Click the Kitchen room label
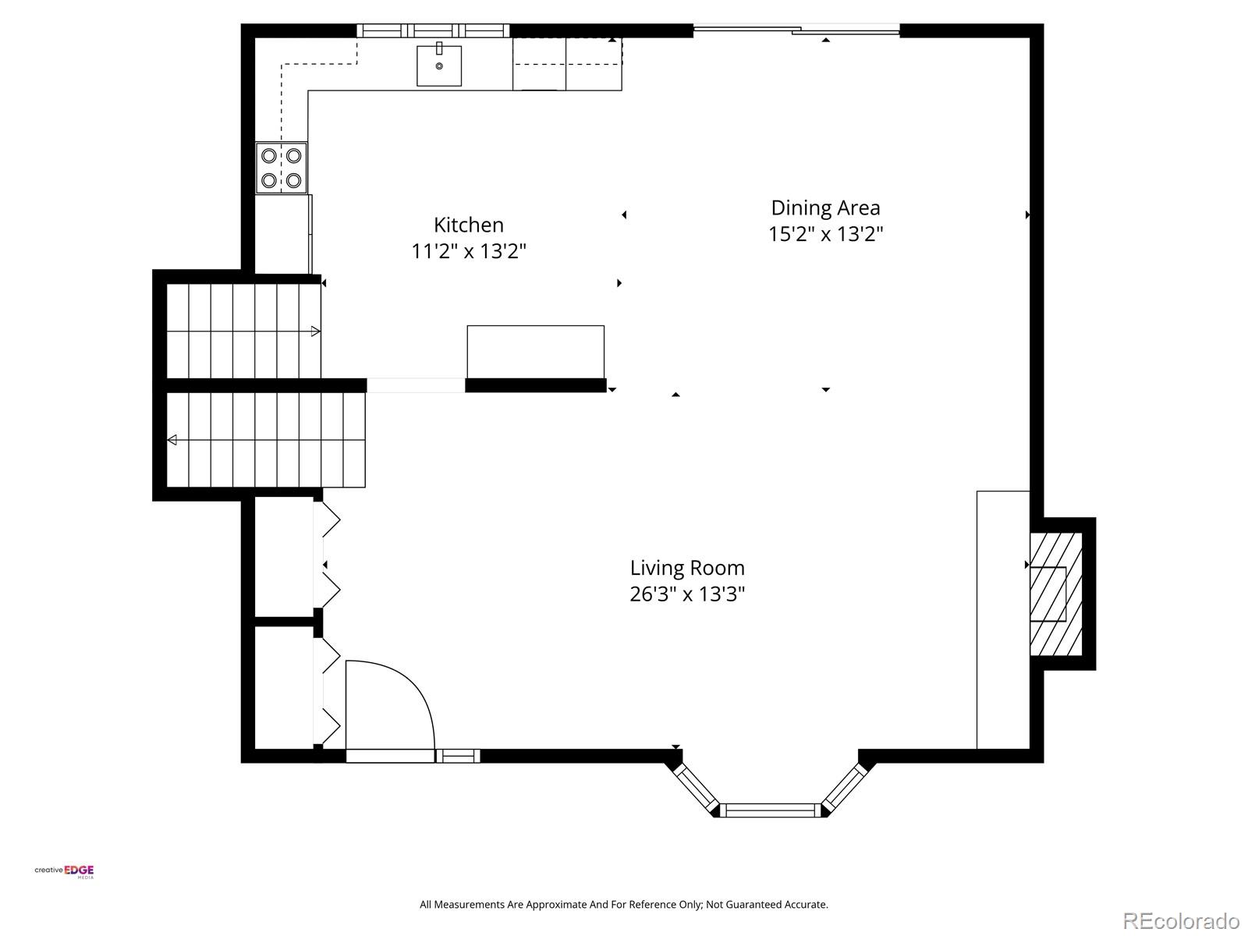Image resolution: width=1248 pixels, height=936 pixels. [x=468, y=225]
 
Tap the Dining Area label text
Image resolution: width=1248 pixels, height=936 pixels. [x=825, y=207]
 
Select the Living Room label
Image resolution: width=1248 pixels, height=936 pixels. [x=687, y=568]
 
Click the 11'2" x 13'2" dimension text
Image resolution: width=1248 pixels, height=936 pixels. [x=469, y=251]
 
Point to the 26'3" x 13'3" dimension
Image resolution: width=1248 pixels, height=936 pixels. [x=687, y=594]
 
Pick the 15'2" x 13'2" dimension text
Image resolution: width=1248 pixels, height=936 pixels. [x=825, y=234]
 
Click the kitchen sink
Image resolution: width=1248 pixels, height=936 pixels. [x=438, y=66]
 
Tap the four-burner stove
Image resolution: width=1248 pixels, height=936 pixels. [x=282, y=168]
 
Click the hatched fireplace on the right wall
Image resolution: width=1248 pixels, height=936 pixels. [x=1055, y=594]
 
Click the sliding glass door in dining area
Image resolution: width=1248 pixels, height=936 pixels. [x=796, y=31]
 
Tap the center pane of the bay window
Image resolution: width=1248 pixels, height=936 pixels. [x=770, y=810]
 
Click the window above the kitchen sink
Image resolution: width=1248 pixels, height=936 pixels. [x=433, y=31]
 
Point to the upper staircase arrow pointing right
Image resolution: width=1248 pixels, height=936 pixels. [x=315, y=331]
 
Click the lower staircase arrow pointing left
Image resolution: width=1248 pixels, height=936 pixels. [x=172, y=441]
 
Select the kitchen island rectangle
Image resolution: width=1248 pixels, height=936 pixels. [x=535, y=352]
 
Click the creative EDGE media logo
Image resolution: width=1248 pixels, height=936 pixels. [x=65, y=872]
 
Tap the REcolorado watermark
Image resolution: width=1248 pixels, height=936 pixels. [x=1181, y=921]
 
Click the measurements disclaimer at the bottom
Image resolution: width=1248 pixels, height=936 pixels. [x=624, y=905]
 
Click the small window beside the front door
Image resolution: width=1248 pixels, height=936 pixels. [x=458, y=755]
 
